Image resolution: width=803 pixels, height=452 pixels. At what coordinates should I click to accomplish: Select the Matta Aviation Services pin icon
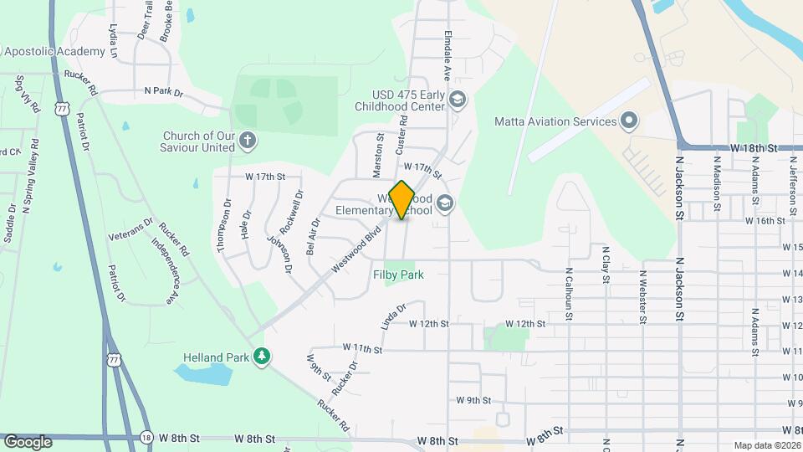coord(630,122)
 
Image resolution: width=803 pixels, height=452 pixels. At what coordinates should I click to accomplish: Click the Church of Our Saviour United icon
coord(247,141)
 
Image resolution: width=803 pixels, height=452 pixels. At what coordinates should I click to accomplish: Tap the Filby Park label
coord(398,275)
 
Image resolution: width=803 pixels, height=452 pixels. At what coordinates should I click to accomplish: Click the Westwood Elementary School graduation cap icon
coord(444,203)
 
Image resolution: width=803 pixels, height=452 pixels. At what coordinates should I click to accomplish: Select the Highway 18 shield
coord(147,438)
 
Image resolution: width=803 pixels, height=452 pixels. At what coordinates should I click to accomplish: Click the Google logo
coord(28,441)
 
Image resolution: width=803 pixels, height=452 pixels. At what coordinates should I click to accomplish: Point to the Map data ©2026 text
coord(766,445)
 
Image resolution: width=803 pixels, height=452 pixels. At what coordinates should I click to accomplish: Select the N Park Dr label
coord(163,90)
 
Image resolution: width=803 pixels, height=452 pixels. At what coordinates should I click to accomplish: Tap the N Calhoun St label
coord(568,294)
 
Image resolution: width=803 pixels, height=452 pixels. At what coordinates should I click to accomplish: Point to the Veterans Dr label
coord(130,230)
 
